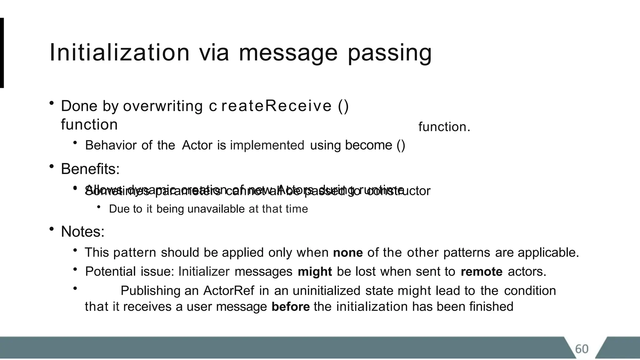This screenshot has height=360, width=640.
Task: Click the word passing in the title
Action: coord(390,53)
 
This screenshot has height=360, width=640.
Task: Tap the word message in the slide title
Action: coord(288,53)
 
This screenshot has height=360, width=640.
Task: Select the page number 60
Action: coord(582,349)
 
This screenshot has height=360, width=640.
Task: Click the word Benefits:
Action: coord(90,169)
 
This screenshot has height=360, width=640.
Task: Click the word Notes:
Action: coord(82,232)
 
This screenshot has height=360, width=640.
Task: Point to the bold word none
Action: coord(348,252)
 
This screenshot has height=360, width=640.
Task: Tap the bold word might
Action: coord(315,272)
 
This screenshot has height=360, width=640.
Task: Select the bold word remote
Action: coord(482,272)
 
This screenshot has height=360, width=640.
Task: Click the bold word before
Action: coord(291,307)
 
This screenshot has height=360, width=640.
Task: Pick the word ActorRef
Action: coord(229,291)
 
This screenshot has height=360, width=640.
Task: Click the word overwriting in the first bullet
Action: coord(163,106)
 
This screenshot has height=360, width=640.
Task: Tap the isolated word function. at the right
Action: coord(444,127)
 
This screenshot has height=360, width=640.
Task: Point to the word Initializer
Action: coord(204,272)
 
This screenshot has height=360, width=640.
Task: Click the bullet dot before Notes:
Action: coord(52,229)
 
